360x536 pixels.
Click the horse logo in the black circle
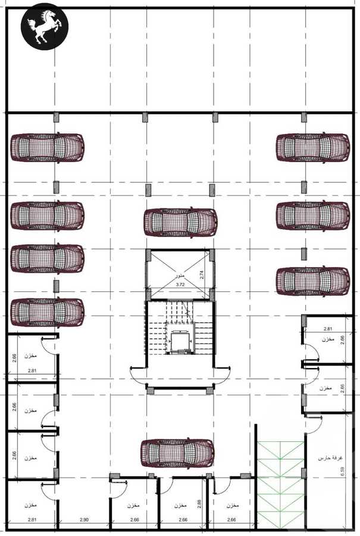click(45, 28)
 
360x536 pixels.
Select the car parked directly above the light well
click(180, 222)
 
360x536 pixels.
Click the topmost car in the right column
click(312, 147)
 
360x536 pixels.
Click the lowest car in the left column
click(47, 312)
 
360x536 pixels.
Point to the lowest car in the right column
click(312, 281)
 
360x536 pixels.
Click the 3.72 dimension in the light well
click(180, 285)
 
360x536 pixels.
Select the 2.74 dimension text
click(202, 275)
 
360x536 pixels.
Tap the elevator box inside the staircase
click(179, 342)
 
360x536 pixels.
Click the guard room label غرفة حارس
click(326, 459)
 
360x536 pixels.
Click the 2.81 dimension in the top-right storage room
click(327, 329)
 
